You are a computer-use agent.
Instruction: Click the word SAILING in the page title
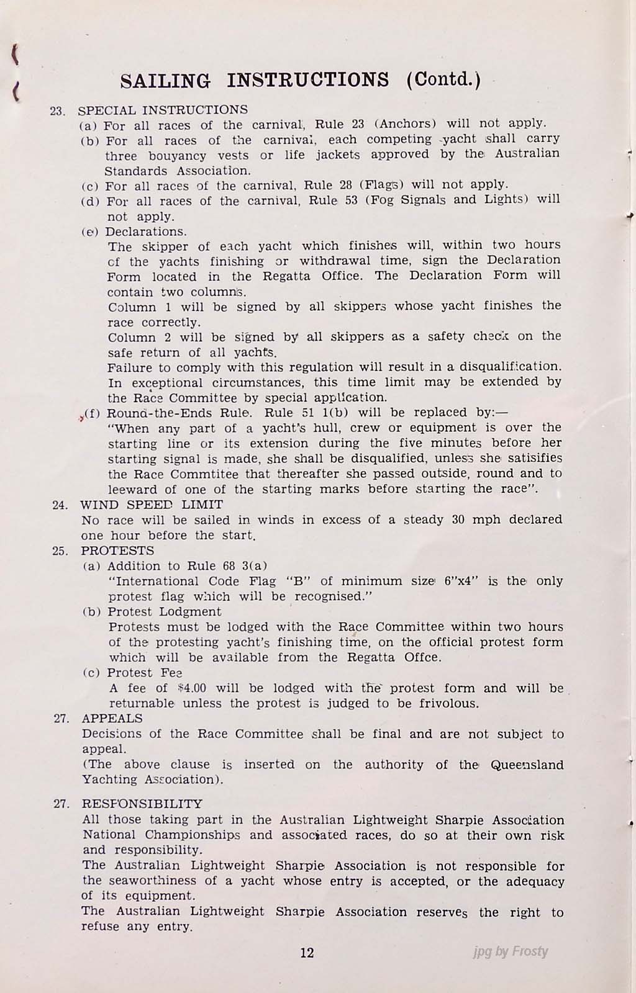pos(165,81)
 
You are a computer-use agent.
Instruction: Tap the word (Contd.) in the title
pos(443,81)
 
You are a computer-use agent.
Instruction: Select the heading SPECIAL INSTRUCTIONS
pos(163,110)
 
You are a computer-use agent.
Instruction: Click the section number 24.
pos(60,505)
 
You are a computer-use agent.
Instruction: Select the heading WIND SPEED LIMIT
pos(152,505)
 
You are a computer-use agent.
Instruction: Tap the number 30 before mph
pos(459,519)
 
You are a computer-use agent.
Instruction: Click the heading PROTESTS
pos(118,550)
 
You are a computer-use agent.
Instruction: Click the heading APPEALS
pos(112,719)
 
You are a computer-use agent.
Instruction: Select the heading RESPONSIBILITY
pos(142,804)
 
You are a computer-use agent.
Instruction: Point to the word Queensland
pos(527,765)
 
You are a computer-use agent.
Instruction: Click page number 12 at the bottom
pos(307,953)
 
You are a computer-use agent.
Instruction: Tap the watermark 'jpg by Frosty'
pos(510,951)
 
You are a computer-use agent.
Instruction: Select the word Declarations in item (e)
pos(146,231)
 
